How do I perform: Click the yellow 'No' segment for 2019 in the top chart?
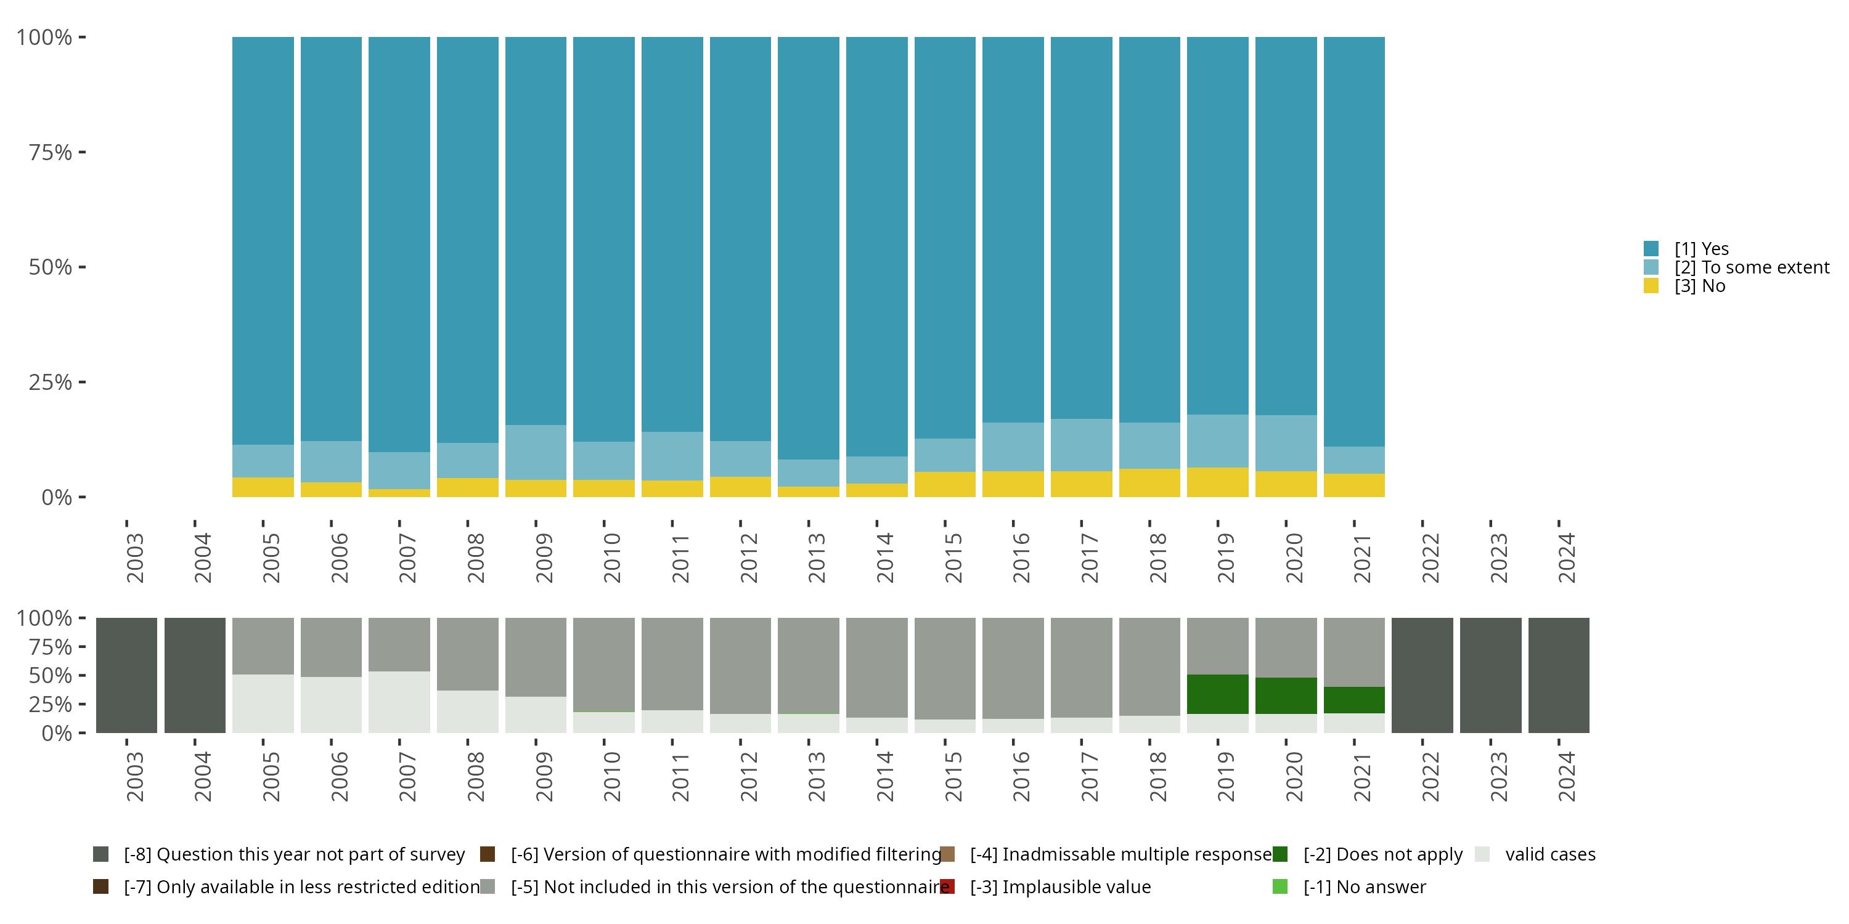(1217, 482)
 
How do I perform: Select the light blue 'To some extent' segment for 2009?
(536, 453)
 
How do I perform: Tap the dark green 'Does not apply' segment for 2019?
(1217, 694)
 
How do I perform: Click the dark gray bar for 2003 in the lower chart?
(126, 675)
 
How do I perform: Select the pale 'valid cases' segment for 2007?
(399, 702)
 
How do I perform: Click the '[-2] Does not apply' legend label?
(1382, 854)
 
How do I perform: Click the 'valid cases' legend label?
(1551, 854)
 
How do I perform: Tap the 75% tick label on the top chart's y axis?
(51, 152)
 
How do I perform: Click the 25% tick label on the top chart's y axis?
(51, 383)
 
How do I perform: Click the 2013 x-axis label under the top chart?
(817, 557)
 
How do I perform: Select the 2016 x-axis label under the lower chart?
(1021, 776)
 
